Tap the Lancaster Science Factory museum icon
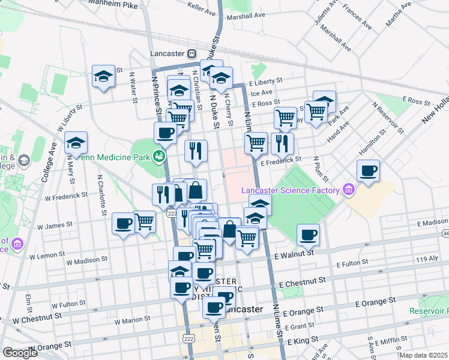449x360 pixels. click(x=349, y=191)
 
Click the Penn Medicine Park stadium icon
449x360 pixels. click(x=159, y=157)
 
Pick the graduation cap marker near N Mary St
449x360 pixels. click(x=76, y=143)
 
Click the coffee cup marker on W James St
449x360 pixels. click(x=124, y=223)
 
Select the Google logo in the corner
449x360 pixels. click(x=20, y=353)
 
